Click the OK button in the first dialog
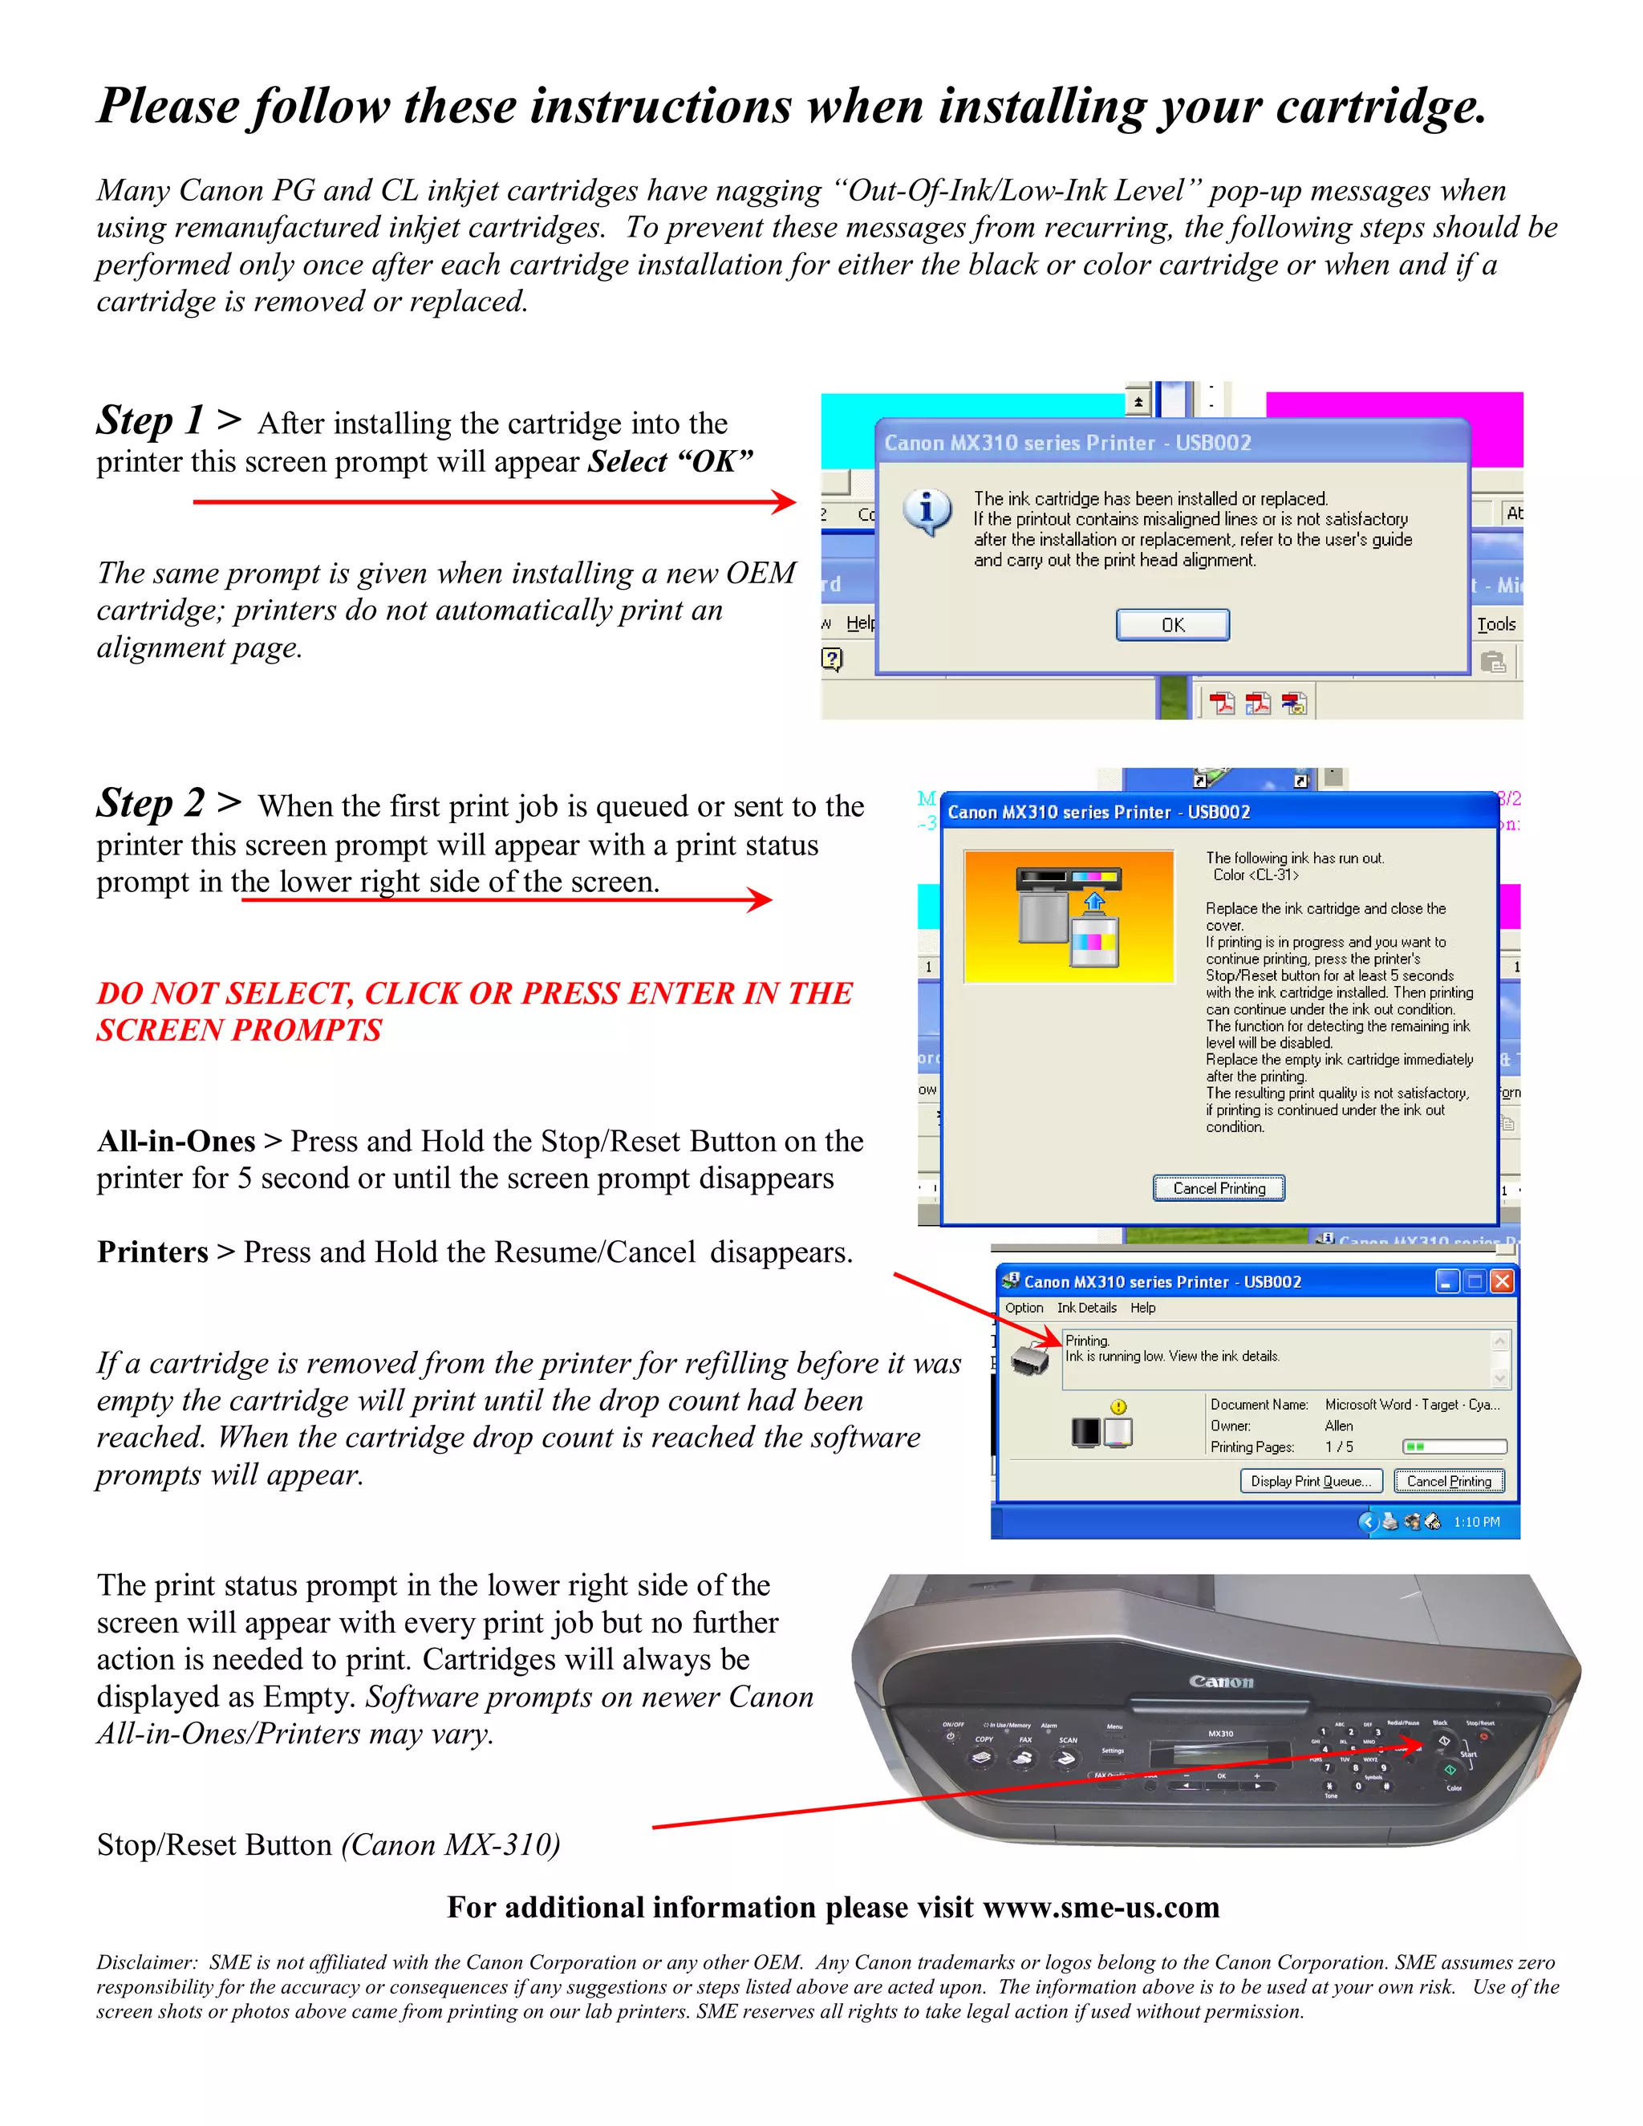point(1172,625)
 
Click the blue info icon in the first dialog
point(926,510)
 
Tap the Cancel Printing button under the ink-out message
point(1219,1187)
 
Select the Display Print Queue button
point(1310,1481)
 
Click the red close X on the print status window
point(1502,1281)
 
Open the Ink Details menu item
point(1086,1308)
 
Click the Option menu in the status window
point(1023,1308)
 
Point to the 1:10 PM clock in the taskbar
point(1475,1521)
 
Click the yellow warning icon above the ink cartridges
point(1118,1406)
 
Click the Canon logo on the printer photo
point(1220,1681)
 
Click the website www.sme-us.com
point(1101,1907)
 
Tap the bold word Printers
point(152,1252)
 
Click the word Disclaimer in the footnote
point(146,1962)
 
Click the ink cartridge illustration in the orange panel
point(1068,916)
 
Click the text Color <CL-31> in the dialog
point(1255,875)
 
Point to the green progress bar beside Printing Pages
point(1453,1446)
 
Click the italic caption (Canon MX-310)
point(450,1844)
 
